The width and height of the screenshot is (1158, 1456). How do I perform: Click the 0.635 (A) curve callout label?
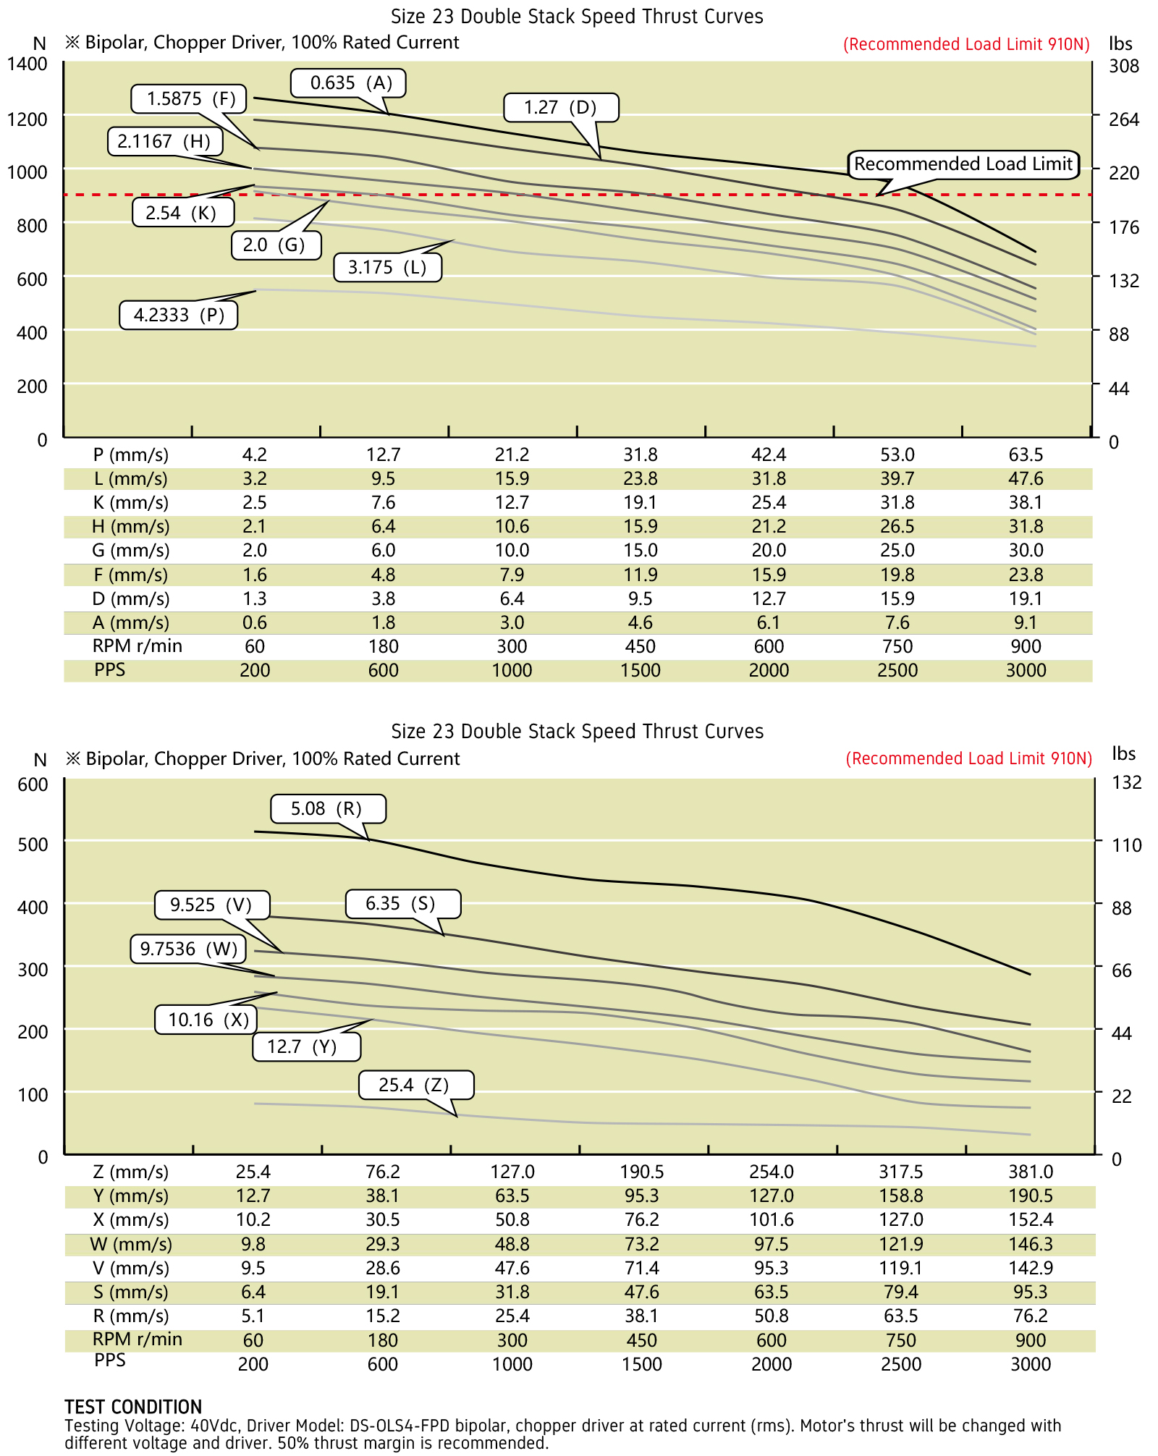[348, 83]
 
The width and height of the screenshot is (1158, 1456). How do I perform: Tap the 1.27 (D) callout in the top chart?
[561, 108]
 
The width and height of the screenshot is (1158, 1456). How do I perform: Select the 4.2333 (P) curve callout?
[178, 316]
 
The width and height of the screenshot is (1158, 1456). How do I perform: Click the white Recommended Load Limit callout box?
[963, 164]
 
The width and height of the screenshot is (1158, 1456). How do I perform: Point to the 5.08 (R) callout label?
[327, 809]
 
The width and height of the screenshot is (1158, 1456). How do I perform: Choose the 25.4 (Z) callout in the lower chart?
[415, 1085]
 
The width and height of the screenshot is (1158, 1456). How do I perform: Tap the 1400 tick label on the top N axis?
[28, 64]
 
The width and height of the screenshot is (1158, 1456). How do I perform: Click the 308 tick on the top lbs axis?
[1124, 67]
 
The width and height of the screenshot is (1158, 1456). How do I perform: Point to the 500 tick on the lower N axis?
[33, 844]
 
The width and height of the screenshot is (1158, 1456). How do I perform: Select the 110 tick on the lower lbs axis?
[1126, 845]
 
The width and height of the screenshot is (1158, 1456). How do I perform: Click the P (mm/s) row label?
[130, 455]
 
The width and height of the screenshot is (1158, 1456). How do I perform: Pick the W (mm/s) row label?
[131, 1245]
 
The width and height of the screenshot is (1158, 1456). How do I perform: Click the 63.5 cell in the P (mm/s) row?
[1026, 455]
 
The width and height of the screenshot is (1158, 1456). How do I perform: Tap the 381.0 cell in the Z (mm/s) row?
[1031, 1172]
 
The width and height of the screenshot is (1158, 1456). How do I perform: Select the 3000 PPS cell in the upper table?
[1026, 671]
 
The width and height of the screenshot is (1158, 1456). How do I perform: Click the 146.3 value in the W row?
[1031, 1245]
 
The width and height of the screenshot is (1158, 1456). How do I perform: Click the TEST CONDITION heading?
[133, 1408]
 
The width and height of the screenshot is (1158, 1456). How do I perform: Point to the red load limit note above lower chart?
[968, 759]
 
